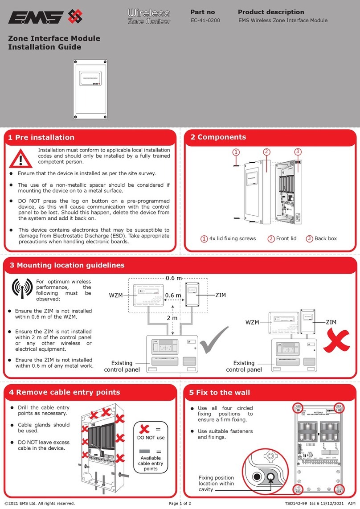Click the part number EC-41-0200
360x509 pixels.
(205, 21)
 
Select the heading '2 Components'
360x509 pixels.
(218, 137)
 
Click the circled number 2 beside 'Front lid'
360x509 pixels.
(270, 238)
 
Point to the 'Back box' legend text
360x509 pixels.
(325, 238)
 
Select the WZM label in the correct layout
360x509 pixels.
(116, 296)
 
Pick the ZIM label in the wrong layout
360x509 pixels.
(331, 322)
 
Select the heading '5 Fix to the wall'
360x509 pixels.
(220, 392)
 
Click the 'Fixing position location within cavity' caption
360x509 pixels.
(216, 484)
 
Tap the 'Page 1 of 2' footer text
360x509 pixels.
(180, 504)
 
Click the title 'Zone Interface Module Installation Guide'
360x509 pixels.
(54, 42)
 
